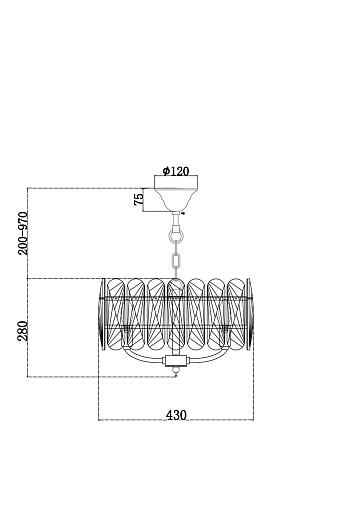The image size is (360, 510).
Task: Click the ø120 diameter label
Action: point(176,171)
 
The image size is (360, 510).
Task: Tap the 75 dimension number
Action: point(139,199)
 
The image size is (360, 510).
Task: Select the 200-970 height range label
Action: point(23,233)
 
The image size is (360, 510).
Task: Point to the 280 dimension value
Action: point(23,331)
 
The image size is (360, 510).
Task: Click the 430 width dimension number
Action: point(176,415)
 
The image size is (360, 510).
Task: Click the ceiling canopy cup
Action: point(176,193)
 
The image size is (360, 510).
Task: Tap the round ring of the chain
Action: point(176,235)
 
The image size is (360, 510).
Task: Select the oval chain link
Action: point(176,261)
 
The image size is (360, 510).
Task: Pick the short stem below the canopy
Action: point(176,219)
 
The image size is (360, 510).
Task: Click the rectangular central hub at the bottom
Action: point(176,360)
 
